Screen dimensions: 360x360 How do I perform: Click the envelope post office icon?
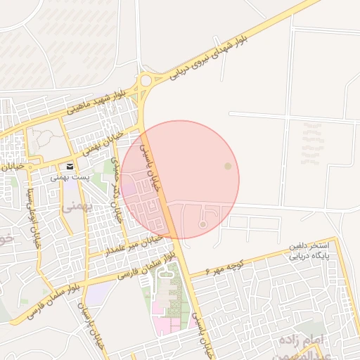pos(70,167)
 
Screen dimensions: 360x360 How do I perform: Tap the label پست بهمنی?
pos(70,179)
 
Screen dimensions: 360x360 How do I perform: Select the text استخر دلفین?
pos(307,247)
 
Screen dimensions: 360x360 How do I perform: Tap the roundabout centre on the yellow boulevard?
pos(146,81)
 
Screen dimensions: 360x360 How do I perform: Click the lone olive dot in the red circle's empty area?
pos(226,166)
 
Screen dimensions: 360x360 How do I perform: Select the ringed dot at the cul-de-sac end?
pos(203,224)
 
